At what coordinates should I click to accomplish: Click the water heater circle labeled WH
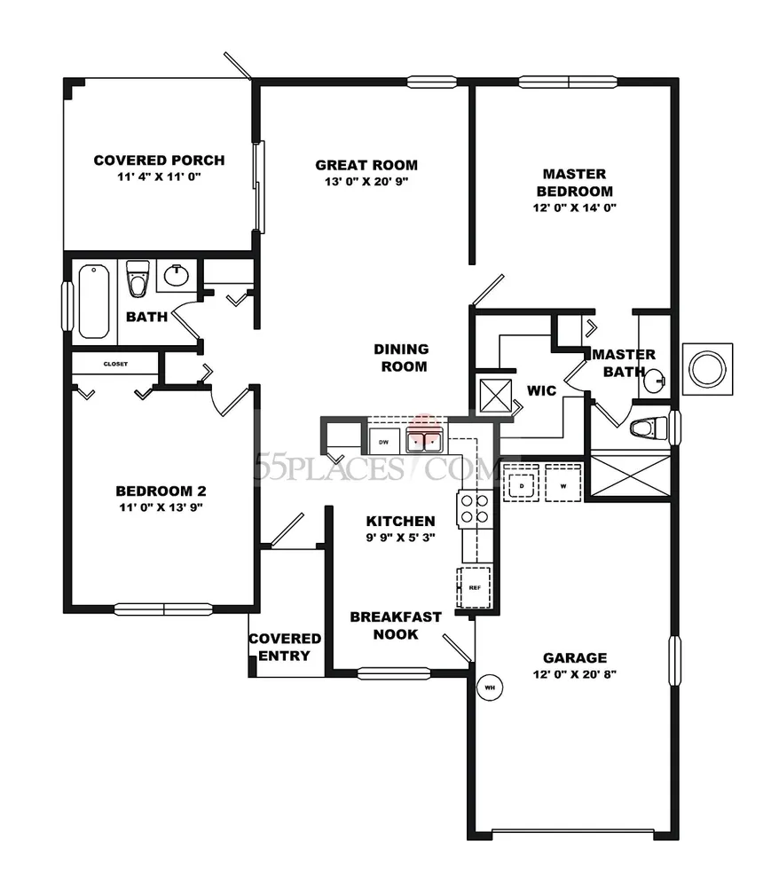[490, 688]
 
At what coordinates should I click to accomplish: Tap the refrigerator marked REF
[474, 587]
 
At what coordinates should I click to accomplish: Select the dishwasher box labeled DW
[383, 442]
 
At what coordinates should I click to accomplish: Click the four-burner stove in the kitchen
[475, 508]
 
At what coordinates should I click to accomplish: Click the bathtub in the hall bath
[94, 301]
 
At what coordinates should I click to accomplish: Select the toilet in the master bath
[649, 428]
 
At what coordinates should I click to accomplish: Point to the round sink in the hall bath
[177, 276]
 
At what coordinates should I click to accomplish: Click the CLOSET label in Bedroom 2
[115, 364]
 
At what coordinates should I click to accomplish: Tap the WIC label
[541, 391]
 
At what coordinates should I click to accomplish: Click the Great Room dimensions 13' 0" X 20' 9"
[366, 182]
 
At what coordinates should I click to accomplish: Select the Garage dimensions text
[574, 674]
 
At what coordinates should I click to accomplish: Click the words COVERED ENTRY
[285, 647]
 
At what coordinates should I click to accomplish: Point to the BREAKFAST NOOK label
[396, 625]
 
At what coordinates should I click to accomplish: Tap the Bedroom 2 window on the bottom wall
[163, 609]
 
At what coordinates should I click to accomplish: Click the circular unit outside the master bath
[708, 368]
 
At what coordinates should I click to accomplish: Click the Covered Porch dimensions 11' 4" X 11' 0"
[159, 177]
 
